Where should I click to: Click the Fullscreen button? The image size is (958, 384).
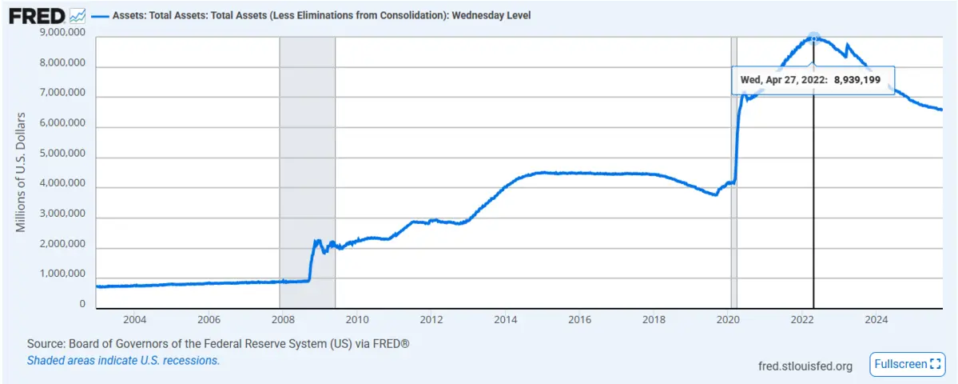coord(907,364)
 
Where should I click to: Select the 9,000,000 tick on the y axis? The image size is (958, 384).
coord(62,34)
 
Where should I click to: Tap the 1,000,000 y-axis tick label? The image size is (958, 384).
coord(62,274)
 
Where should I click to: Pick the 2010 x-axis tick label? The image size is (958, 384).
coord(356,320)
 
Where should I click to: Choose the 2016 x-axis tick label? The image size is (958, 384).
coord(579,320)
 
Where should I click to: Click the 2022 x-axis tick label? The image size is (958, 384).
coord(802,320)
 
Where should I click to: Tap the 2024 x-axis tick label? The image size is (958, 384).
coord(877,320)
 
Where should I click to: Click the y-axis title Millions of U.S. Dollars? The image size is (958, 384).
coord(22,172)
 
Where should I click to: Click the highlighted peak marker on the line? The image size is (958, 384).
coord(813,37)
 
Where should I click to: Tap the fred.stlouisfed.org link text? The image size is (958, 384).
coord(805,366)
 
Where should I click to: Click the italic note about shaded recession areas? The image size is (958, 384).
coord(123,360)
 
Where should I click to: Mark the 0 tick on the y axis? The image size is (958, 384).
coord(82,305)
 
